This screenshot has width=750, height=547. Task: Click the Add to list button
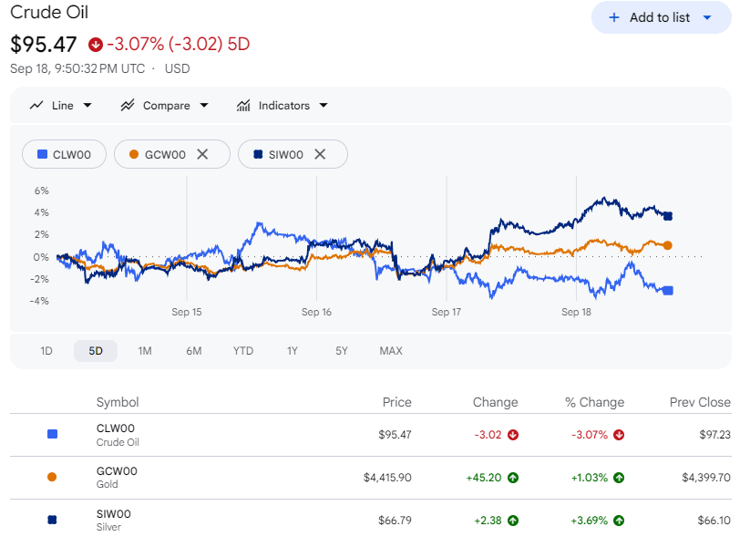[x=661, y=17]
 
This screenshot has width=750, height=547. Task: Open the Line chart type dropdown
[x=61, y=105]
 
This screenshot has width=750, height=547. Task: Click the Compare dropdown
[x=165, y=105]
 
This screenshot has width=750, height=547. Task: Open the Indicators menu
[x=283, y=105]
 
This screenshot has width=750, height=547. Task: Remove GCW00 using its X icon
[x=203, y=154]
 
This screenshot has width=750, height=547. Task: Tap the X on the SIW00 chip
[x=320, y=154]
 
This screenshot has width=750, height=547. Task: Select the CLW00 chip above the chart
[x=64, y=154]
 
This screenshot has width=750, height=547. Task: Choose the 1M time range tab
[x=145, y=351]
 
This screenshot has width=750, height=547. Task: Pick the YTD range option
[x=243, y=351]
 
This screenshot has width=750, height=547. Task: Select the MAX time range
[x=391, y=351]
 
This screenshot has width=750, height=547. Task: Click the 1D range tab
[x=46, y=351]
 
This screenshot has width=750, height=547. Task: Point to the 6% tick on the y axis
[x=42, y=191]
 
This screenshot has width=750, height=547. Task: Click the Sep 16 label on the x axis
[x=316, y=312]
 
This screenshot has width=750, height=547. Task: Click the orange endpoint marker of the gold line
[x=667, y=245]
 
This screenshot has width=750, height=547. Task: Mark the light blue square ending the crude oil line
[x=668, y=291]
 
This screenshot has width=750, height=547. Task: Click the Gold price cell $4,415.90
[x=387, y=478]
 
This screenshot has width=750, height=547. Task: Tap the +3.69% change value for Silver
[x=590, y=521]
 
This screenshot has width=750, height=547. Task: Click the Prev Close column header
[x=700, y=402]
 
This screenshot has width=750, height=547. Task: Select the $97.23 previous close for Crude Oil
[x=715, y=435]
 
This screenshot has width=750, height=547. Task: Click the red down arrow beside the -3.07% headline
[x=95, y=45]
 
